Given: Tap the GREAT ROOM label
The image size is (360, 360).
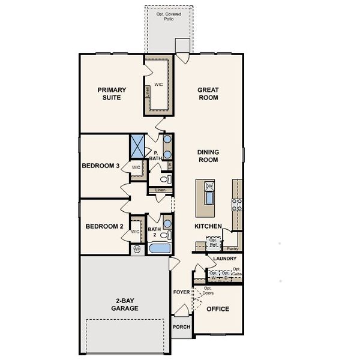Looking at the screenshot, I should (x=208, y=94).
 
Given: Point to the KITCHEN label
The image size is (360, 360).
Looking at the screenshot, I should (x=208, y=226).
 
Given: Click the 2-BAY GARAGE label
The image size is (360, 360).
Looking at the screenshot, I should (x=124, y=305).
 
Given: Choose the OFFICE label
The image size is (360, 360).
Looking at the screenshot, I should (x=218, y=309).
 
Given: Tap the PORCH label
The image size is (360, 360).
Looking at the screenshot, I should (x=181, y=327).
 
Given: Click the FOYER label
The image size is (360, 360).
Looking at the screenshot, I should (x=181, y=292).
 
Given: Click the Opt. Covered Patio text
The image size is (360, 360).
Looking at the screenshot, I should (x=169, y=16).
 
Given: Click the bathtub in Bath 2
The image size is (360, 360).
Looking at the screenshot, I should (x=159, y=247).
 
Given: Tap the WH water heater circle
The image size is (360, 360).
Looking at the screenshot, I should (x=137, y=248).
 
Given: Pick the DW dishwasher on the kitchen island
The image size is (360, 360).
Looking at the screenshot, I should (x=209, y=187).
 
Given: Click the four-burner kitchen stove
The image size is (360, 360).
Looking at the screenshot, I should (x=237, y=206).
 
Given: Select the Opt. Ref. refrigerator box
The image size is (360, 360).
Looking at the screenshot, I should (x=214, y=243).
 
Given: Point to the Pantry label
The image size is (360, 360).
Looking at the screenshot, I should (x=233, y=248).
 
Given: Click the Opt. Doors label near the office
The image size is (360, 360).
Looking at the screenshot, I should (x=208, y=290).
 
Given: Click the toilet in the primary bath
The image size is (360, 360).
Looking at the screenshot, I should (x=166, y=179).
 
